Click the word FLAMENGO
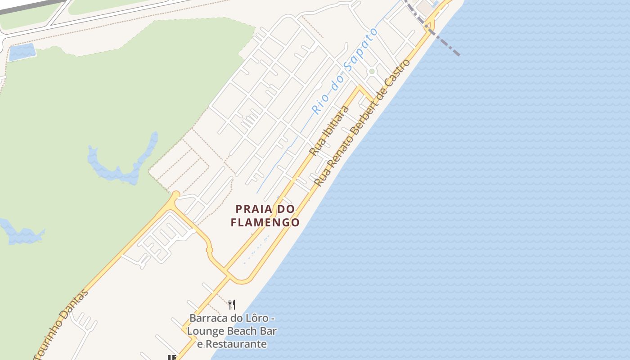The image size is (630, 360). point(265,222)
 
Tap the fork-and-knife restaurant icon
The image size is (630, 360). point(232,304)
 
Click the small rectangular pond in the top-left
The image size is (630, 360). point(22,52)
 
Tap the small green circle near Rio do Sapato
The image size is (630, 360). point(372,71)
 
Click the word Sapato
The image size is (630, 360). point(360,49)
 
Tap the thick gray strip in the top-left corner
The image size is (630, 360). point(27,7)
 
